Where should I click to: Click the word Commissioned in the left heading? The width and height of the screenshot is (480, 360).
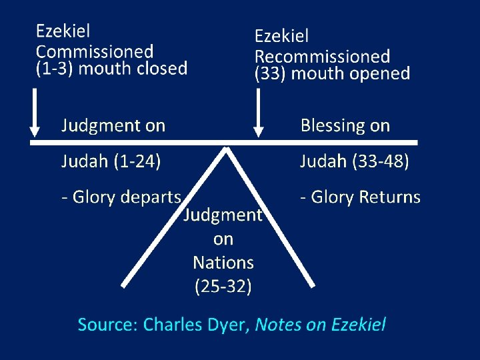[95, 51]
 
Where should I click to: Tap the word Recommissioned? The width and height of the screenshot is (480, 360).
[323, 57]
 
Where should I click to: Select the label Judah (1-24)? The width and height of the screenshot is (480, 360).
[111, 161]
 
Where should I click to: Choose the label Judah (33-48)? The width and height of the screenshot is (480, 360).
[354, 161]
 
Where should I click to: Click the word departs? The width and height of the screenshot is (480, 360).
[153, 197]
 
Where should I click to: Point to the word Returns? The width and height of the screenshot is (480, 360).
[389, 197]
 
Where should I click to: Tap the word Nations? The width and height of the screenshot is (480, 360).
[223, 263]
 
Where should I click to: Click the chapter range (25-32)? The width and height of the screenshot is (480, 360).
[223, 287]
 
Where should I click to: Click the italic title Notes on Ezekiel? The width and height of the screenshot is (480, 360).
[320, 325]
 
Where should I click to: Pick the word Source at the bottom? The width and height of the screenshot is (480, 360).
[107, 325]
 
